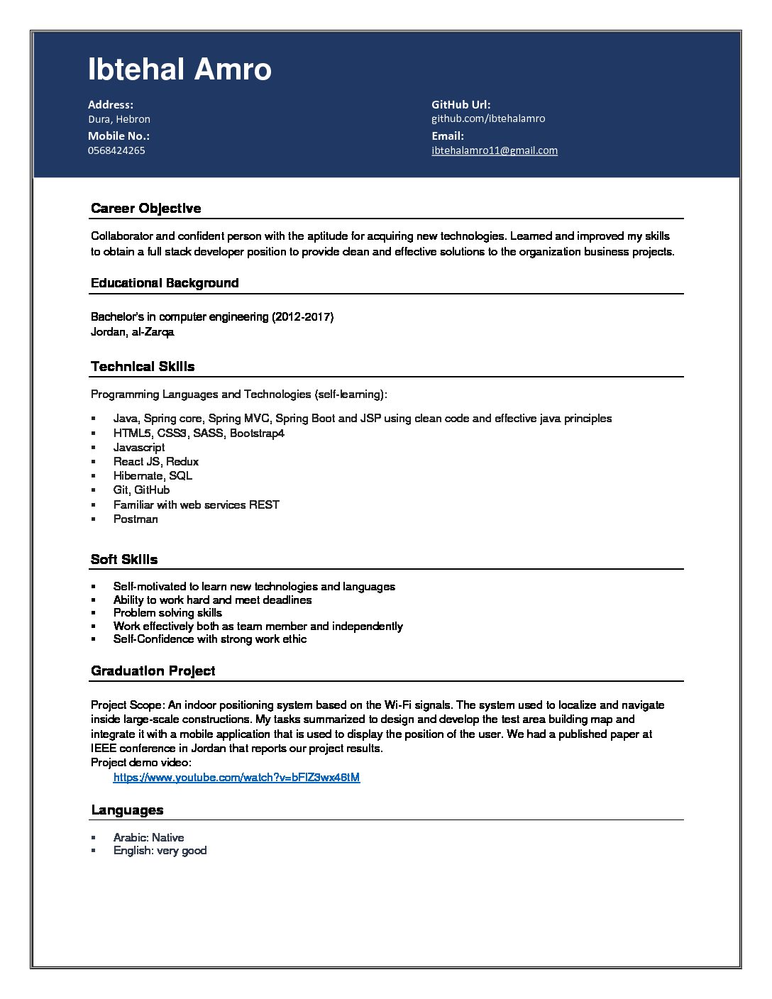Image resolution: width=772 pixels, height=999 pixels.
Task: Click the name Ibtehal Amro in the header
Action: tap(180, 70)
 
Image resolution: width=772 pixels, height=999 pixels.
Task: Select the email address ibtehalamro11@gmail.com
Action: tap(494, 150)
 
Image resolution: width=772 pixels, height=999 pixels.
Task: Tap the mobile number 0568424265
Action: tap(116, 150)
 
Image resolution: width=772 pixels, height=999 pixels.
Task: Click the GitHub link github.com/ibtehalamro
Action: tap(488, 118)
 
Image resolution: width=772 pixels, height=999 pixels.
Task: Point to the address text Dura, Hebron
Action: tap(119, 119)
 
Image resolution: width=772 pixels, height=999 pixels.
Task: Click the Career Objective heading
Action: tap(145, 208)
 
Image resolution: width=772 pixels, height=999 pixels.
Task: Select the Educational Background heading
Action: tap(165, 283)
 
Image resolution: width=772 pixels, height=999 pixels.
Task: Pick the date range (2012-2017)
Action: tap(302, 316)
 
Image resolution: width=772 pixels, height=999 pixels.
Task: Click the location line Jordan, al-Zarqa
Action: tap(132, 331)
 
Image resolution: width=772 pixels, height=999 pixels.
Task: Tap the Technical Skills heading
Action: tap(143, 366)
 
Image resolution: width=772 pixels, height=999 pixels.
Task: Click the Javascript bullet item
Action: tap(139, 447)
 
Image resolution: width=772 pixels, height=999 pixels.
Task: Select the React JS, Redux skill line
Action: tap(156, 461)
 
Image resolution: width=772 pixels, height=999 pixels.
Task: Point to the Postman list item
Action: tap(136, 519)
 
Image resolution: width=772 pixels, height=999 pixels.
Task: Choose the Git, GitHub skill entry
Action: tap(141, 490)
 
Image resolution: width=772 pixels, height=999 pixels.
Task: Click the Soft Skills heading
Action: tap(124, 559)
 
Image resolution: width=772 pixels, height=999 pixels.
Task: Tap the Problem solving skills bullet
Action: tap(167, 612)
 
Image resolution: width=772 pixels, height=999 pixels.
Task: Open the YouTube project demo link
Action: tap(236, 777)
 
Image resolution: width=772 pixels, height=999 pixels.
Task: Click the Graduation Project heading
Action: tap(153, 670)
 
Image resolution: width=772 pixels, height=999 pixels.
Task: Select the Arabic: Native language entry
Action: tap(148, 837)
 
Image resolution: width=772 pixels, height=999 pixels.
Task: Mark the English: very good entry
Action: tap(160, 850)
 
